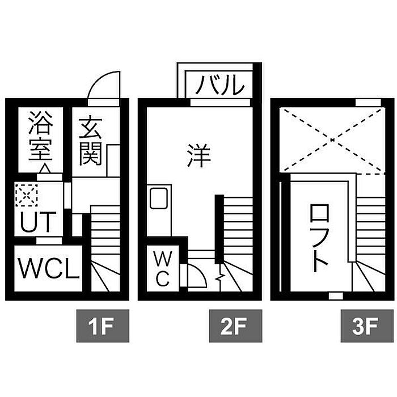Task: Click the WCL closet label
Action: pyautogui.click(x=49, y=268)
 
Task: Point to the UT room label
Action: pyautogui.click(x=38, y=222)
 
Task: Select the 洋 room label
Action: pyautogui.click(x=199, y=155)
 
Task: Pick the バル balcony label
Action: pyautogui.click(x=220, y=85)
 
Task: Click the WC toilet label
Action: pyautogui.click(x=162, y=269)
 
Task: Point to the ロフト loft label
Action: pyautogui.click(x=319, y=238)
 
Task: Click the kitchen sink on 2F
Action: pyautogui.click(x=159, y=198)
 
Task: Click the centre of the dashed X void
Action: pyautogui.click(x=332, y=140)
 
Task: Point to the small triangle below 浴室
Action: pyautogui.click(x=45, y=168)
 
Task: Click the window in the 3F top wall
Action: pyautogui.click(x=368, y=103)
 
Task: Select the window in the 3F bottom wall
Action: pyautogui.click(x=336, y=295)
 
